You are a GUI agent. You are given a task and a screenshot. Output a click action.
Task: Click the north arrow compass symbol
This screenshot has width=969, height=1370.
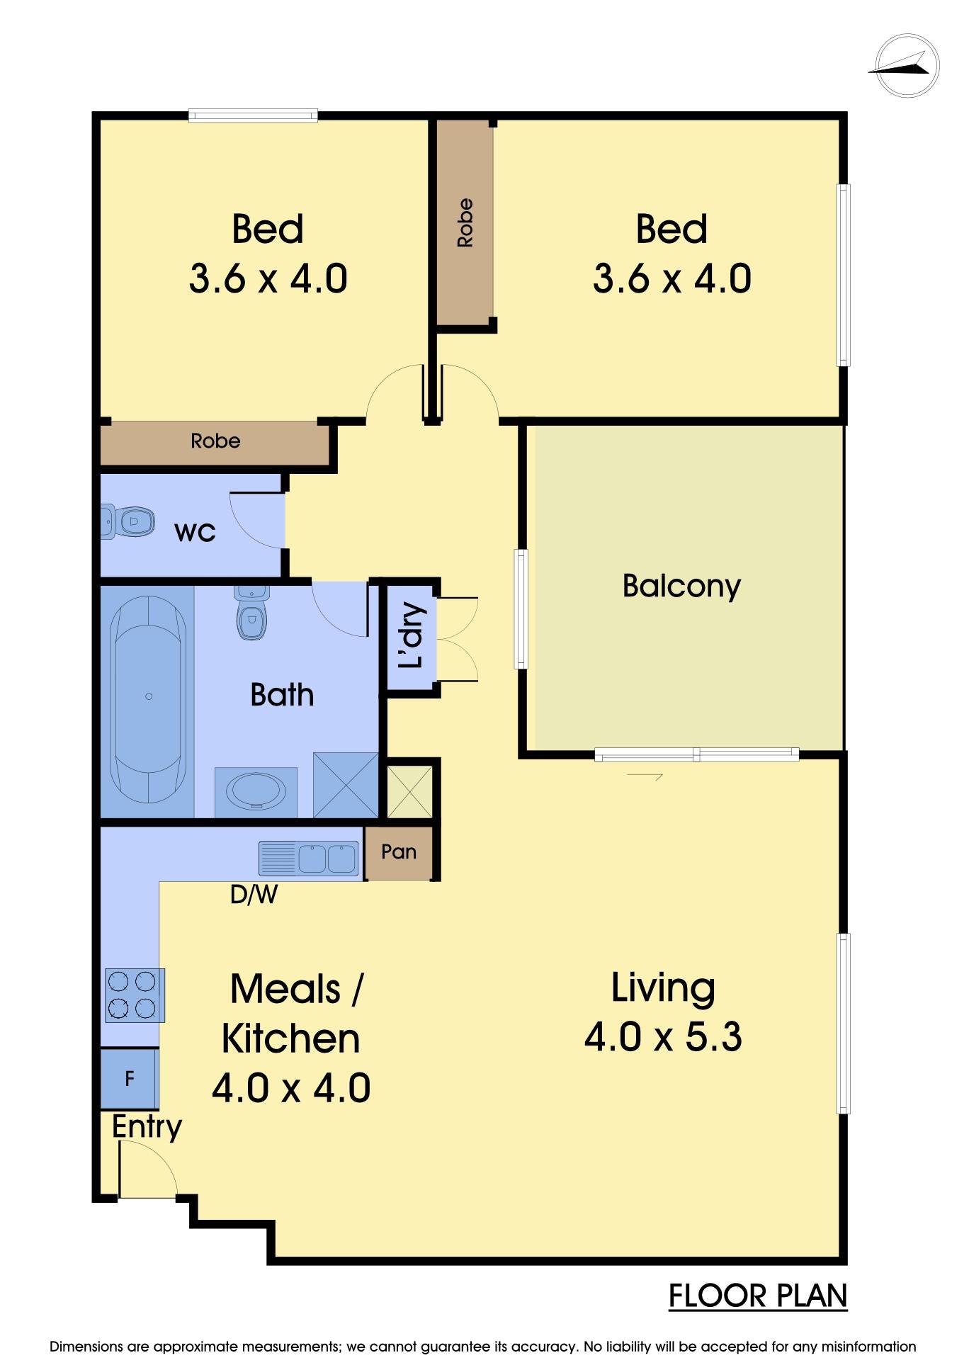coord(907,65)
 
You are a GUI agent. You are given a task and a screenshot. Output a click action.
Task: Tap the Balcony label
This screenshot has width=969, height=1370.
coord(681,586)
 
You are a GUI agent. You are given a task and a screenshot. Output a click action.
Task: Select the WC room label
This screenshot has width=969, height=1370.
coord(195,532)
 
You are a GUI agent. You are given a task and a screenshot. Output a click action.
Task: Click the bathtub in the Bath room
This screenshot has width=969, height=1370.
coord(149,698)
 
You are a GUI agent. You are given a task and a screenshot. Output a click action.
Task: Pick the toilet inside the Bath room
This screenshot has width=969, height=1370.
coord(251,613)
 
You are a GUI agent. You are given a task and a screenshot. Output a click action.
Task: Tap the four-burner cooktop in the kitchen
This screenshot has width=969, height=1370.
coord(135,995)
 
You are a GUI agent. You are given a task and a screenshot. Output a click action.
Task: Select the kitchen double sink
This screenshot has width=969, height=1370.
coord(309,859)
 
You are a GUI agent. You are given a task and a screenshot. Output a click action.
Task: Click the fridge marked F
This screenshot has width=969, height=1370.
coord(129,1079)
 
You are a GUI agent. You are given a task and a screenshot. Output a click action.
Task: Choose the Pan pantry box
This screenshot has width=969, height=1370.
coord(399,853)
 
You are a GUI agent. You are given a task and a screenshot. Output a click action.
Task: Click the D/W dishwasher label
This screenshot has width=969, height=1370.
coord(254,895)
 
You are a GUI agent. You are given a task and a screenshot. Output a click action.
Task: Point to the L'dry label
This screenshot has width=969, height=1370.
coord(411,635)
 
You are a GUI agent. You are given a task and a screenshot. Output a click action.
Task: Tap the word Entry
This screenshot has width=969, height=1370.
coord(147,1127)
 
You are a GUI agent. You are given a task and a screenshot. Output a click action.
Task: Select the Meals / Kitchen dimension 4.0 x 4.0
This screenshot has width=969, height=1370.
coord(291,1088)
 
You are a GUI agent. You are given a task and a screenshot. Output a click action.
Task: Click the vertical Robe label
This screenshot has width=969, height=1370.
coord(465,222)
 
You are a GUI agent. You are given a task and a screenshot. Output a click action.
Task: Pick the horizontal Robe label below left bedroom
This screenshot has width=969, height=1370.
coord(215,441)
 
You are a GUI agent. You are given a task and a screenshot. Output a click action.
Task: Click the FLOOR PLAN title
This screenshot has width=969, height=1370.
coord(758,1296)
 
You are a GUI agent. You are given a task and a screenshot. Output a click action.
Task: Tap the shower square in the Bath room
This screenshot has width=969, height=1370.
coord(346,784)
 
